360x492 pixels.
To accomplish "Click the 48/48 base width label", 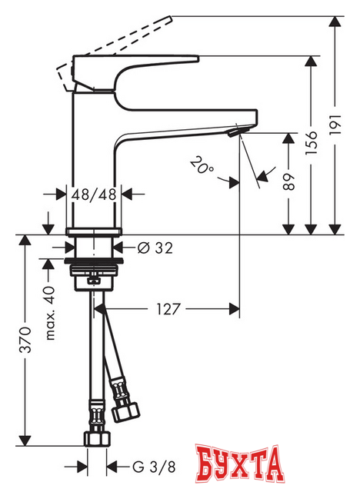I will tap(94, 195).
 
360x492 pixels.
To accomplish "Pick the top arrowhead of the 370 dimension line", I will tap(25, 240).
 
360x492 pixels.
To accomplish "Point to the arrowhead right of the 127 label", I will tap(234, 309).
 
